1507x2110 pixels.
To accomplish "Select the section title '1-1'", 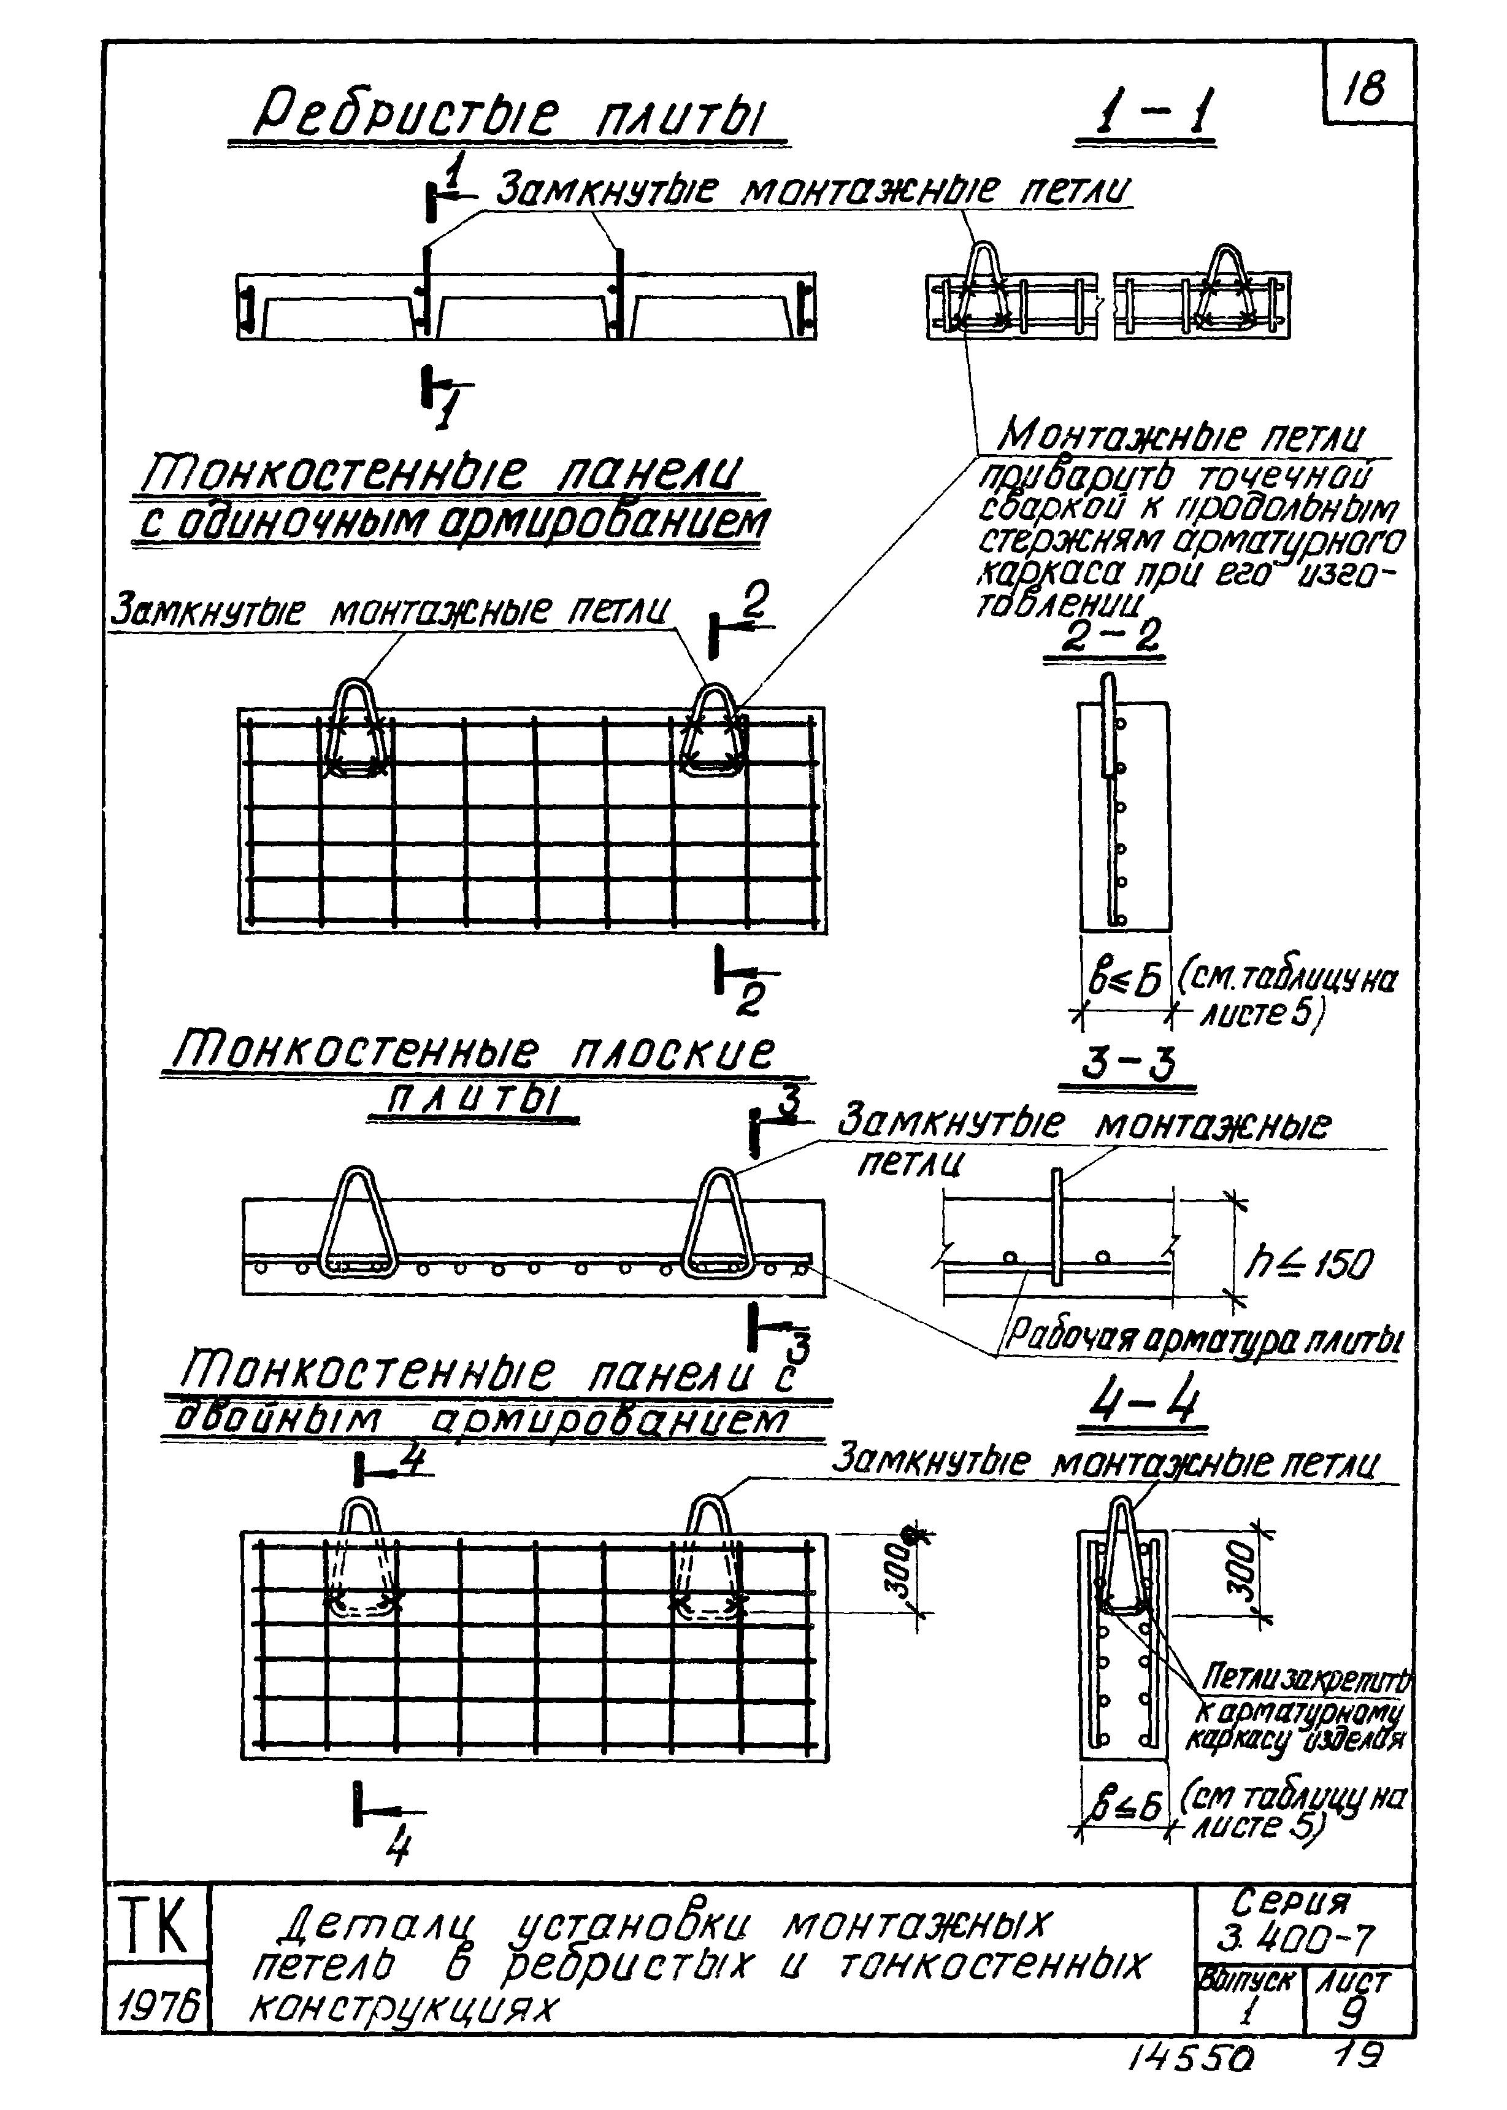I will pyautogui.click(x=1144, y=115).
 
